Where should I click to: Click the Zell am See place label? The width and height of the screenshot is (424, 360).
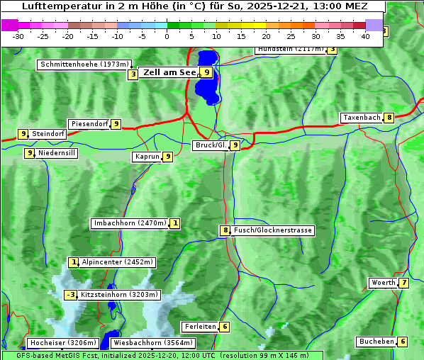(169, 72)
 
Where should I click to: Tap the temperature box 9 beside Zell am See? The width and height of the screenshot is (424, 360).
(206, 72)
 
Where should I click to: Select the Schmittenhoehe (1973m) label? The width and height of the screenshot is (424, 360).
(84, 64)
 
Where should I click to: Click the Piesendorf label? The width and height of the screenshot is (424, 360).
(89, 124)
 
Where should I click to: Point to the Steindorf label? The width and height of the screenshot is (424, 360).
(49, 133)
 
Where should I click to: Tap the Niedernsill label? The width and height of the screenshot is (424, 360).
(57, 152)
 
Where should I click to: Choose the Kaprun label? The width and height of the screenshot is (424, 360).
(147, 157)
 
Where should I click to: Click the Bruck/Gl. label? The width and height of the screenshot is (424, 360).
(211, 145)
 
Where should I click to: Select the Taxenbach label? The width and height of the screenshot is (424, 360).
(362, 118)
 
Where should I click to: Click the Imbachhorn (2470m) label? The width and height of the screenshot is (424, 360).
(130, 224)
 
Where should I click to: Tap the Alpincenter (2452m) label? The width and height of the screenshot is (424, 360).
(118, 262)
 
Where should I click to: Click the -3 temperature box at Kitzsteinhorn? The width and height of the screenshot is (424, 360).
(70, 295)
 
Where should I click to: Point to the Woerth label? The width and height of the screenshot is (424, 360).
(384, 283)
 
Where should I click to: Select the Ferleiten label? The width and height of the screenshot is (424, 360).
(200, 327)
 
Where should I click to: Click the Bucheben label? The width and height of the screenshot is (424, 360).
(376, 342)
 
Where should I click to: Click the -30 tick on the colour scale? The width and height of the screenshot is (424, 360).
(18, 35)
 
